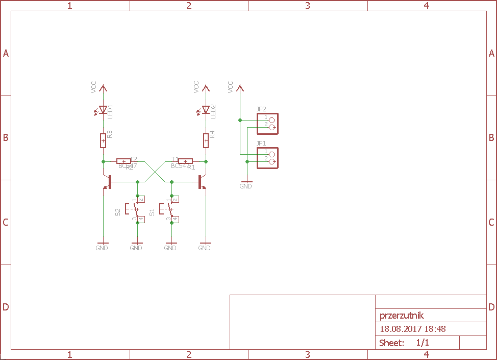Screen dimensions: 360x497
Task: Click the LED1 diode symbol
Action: pyautogui.click(x=103, y=109)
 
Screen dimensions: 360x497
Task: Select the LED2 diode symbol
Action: pyautogui.click(x=206, y=109)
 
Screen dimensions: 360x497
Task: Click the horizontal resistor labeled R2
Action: pyautogui.click(x=124, y=161)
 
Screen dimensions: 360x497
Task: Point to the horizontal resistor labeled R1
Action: pyautogui.click(x=185, y=161)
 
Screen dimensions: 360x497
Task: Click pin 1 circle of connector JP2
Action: pyautogui.click(x=271, y=120)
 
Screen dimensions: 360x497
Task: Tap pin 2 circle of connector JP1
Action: pyautogui.click(x=271, y=161)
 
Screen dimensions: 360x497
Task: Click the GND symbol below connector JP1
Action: pyautogui.click(x=246, y=182)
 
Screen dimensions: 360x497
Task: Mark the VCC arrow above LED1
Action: pyautogui.click(x=103, y=88)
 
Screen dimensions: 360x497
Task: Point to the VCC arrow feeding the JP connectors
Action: pyautogui.click(x=240, y=88)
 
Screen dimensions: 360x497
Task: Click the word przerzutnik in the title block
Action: pyautogui.click(x=402, y=316)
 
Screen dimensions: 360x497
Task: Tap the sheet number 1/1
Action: pyautogui.click(x=423, y=343)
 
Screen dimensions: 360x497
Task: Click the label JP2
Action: pyautogui.click(x=261, y=109)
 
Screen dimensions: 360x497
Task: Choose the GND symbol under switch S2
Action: pyautogui.click(x=137, y=244)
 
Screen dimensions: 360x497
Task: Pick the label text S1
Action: pyautogui.click(x=152, y=211)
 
